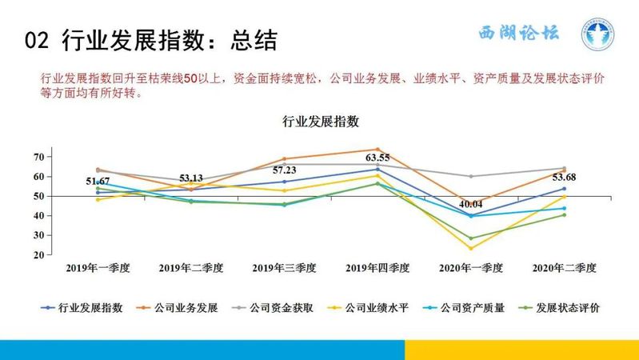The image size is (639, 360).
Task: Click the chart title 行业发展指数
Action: tap(321, 122)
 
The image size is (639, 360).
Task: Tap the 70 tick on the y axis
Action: tap(39, 157)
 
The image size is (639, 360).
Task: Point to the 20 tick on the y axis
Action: tap(39, 255)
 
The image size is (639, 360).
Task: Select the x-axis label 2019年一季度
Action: tap(98, 268)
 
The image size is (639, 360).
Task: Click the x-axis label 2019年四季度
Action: tap(377, 268)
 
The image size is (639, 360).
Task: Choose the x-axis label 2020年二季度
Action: tap(564, 268)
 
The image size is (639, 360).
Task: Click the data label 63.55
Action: tap(377, 158)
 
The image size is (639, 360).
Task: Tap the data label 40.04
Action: tap(471, 204)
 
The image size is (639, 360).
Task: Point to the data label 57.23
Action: tap(285, 170)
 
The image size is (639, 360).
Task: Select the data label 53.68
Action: tap(564, 177)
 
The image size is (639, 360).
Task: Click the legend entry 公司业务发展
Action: tap(177, 308)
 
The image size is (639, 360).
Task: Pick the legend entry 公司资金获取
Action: tap(273, 308)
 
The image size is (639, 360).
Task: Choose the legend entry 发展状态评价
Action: tap(559, 308)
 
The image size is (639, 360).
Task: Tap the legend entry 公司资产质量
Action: tap(464, 308)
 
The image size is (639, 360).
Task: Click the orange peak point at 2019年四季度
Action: tap(377, 150)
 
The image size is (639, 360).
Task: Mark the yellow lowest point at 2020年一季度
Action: tap(471, 248)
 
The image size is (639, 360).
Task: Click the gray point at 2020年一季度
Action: tap(471, 177)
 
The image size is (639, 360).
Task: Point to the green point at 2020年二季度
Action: tap(565, 215)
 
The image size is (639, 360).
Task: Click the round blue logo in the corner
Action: tap(597, 34)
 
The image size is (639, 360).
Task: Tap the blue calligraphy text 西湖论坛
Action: tap(519, 33)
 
